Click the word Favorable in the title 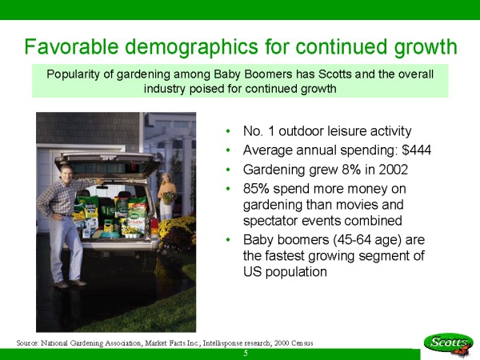[x=71, y=46]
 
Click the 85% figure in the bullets [x=256, y=189]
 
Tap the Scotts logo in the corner [x=449, y=343]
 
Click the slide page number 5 [x=246, y=354]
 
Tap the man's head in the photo [x=66, y=172]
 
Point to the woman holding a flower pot [x=167, y=196]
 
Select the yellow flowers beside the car [x=177, y=231]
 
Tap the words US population [x=285, y=271]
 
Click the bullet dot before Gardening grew [x=228, y=170]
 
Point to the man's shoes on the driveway [x=70, y=284]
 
